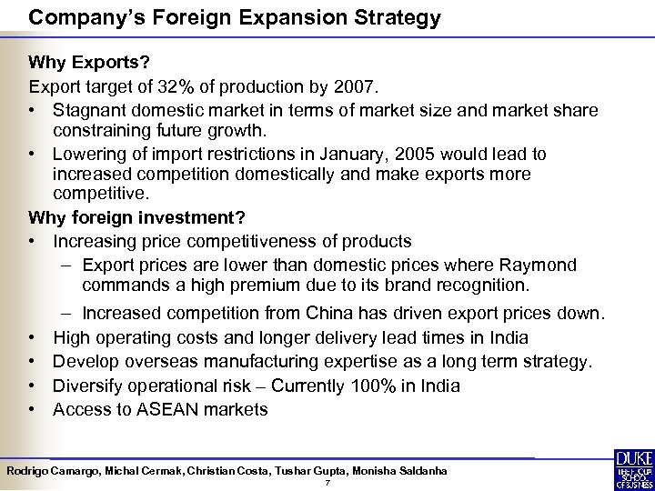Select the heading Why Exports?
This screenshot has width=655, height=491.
point(84,64)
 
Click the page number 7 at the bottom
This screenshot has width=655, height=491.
point(327,482)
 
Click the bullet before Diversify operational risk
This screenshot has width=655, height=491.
point(34,386)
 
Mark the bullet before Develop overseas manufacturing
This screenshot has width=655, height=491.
point(34,362)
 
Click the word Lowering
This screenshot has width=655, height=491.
point(89,155)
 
